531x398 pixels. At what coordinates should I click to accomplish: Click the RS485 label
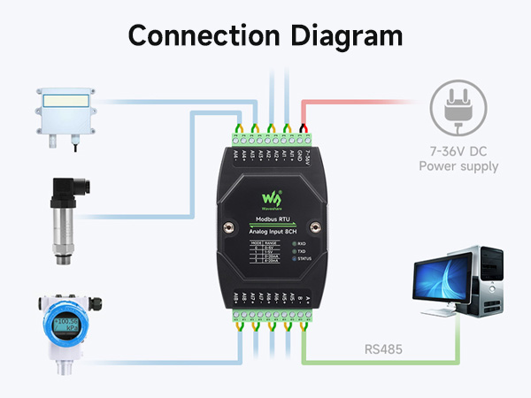pyautogui.click(x=381, y=350)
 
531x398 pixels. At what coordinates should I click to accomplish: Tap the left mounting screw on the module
pyautogui.click(x=228, y=226)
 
